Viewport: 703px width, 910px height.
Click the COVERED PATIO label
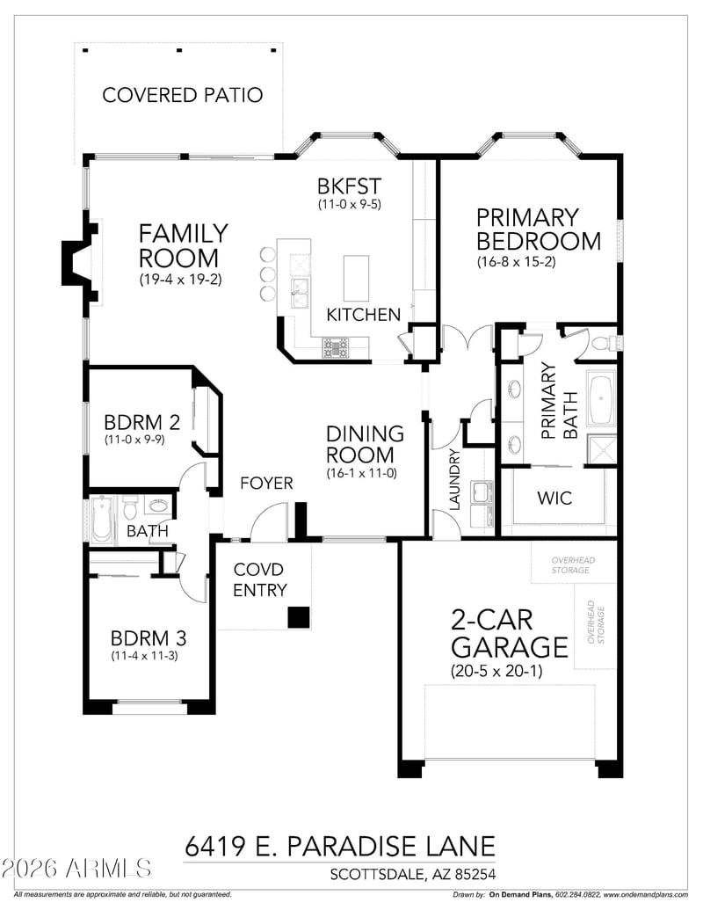(182, 95)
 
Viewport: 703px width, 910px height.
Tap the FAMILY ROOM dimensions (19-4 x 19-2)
(183, 280)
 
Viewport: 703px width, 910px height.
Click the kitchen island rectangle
(356, 278)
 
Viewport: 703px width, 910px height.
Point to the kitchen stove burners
(336, 348)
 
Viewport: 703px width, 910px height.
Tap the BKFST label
(349, 186)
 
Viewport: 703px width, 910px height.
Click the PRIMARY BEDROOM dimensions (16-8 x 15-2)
(530, 261)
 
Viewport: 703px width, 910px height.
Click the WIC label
(554, 499)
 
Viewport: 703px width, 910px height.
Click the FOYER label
(266, 484)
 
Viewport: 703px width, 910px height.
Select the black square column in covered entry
(300, 617)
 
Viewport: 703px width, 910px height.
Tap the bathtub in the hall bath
(101, 519)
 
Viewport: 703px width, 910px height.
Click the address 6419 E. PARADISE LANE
(339, 846)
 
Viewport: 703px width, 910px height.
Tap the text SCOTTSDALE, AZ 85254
(411, 874)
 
